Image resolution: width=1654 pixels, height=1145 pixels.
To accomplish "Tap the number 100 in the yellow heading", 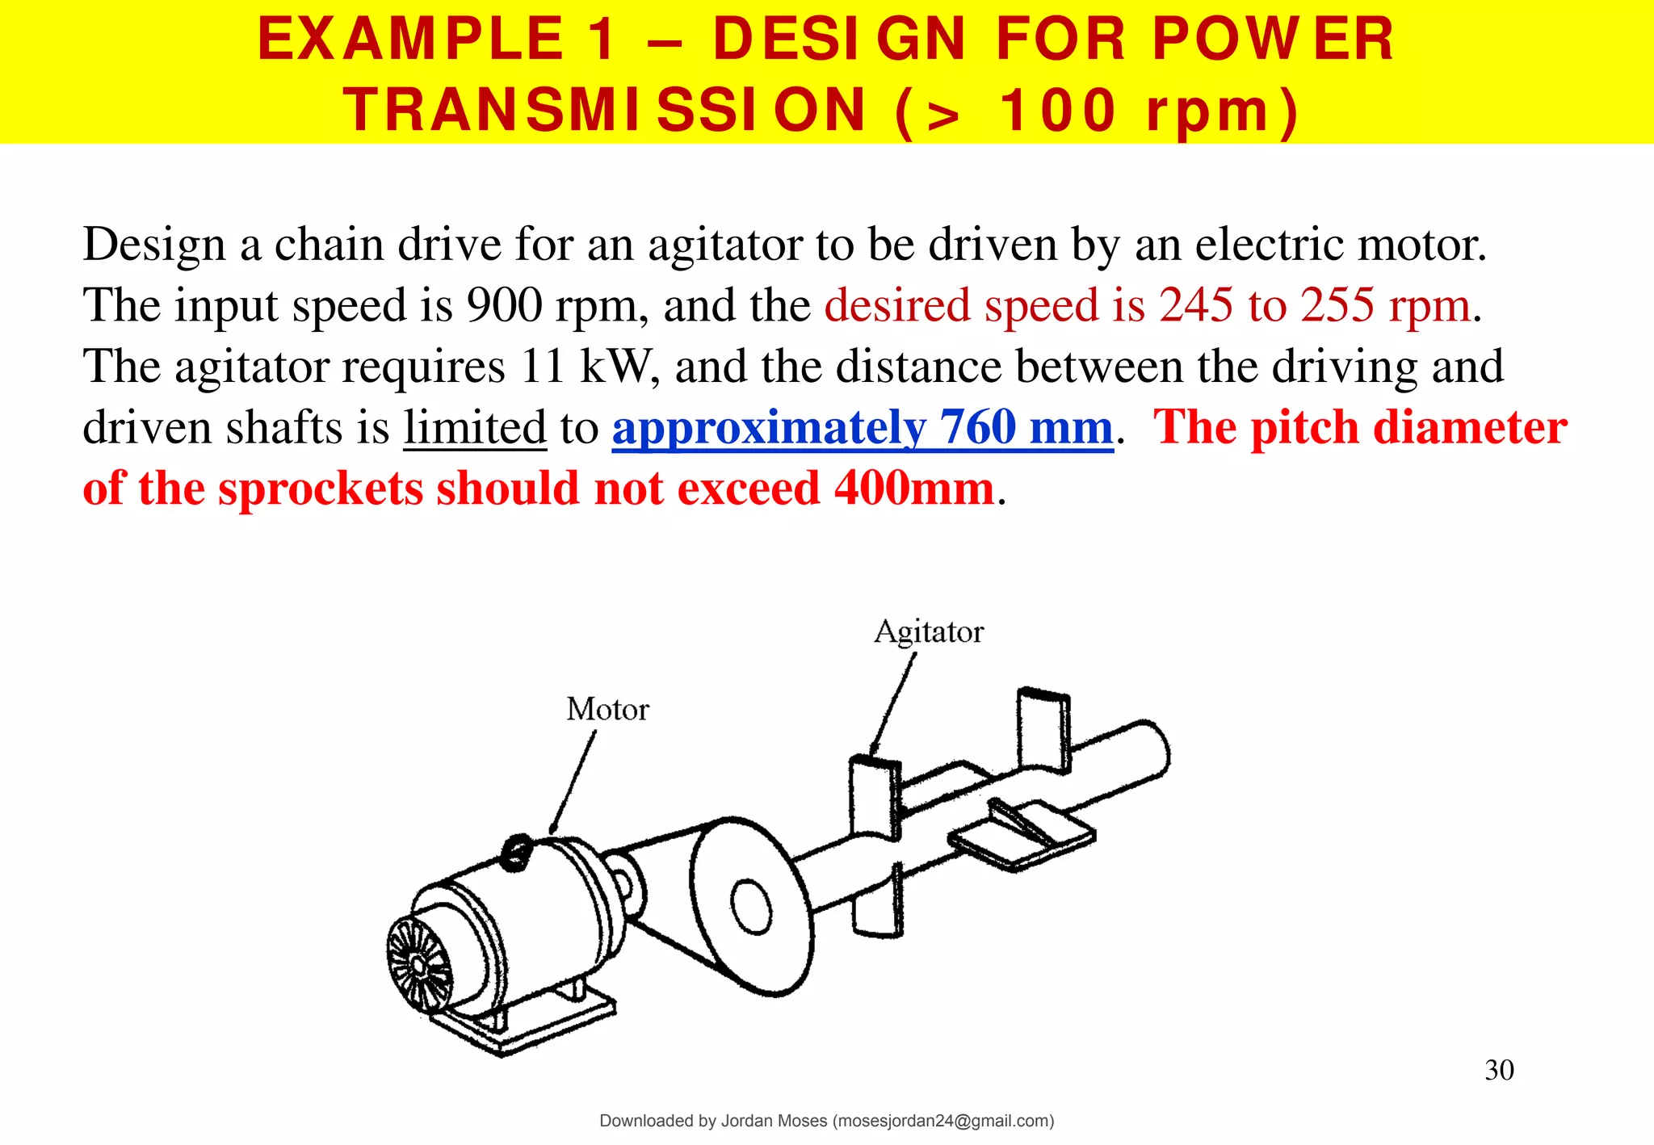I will click(x=1058, y=110).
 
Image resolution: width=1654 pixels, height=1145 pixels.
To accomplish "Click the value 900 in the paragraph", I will click(x=504, y=305).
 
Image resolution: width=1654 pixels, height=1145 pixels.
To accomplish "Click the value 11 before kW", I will click(x=543, y=366).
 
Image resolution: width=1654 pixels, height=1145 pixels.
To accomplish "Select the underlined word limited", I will click(x=475, y=427).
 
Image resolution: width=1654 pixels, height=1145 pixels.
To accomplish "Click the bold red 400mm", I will click(x=913, y=489).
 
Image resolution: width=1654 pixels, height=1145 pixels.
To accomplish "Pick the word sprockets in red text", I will click(x=321, y=489).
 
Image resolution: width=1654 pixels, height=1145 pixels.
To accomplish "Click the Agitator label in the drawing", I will click(x=929, y=631).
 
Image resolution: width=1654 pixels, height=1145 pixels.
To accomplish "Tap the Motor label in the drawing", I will click(x=607, y=709).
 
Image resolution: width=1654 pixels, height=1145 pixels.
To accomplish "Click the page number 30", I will click(x=1499, y=1070).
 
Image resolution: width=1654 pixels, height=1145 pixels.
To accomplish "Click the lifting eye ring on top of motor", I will click(x=514, y=853).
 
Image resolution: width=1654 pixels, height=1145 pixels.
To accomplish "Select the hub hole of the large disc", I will click(x=751, y=906).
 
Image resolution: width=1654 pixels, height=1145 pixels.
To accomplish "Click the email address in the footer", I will click(x=942, y=1121).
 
